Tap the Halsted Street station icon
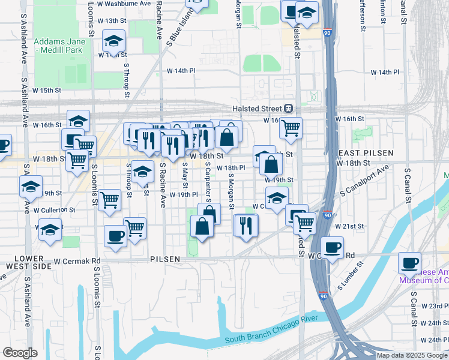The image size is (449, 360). (288, 108)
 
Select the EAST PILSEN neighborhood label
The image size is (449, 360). (357, 153)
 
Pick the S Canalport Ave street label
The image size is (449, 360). (364, 180)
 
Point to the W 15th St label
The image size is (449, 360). (47, 90)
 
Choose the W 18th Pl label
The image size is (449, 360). (231, 168)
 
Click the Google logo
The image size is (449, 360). (20, 352)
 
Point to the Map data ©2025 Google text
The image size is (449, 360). (411, 355)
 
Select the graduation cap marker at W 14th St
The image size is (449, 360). (113, 41)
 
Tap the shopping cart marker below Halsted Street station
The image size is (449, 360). (291, 128)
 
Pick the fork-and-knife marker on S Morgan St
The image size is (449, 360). (246, 225)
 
